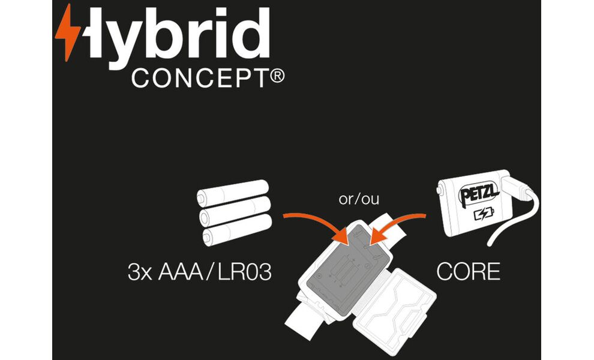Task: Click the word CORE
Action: click(469, 272)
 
